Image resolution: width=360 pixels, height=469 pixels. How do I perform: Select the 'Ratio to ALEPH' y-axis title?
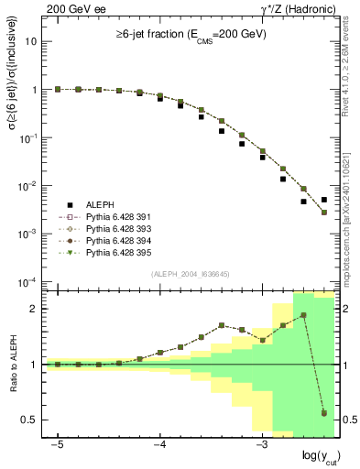13,364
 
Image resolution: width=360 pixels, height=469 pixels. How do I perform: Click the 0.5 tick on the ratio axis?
34,420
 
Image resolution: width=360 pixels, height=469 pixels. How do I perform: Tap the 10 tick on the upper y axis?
34,42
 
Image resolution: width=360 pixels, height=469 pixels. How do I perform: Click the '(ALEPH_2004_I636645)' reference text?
189,275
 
